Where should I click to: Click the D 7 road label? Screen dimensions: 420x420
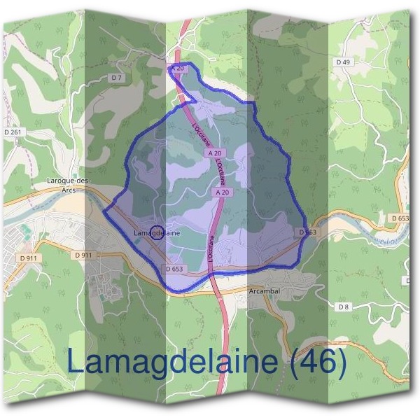point(116,77)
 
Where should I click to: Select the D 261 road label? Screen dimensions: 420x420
point(13,132)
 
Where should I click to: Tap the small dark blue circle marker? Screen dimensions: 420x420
point(157,232)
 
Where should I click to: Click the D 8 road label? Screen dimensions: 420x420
point(343,307)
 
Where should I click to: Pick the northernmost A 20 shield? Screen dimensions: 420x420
point(178,69)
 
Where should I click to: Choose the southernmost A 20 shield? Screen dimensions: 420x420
point(223,192)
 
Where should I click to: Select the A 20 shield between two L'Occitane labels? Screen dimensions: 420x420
point(215,153)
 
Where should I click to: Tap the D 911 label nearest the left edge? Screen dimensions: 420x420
point(28,258)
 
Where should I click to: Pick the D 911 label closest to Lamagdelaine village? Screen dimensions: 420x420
point(83,255)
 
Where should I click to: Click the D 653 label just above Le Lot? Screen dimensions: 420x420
point(400,218)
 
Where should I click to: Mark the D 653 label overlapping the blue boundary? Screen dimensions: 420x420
point(307,232)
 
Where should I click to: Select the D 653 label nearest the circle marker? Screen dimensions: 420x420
point(175,268)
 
